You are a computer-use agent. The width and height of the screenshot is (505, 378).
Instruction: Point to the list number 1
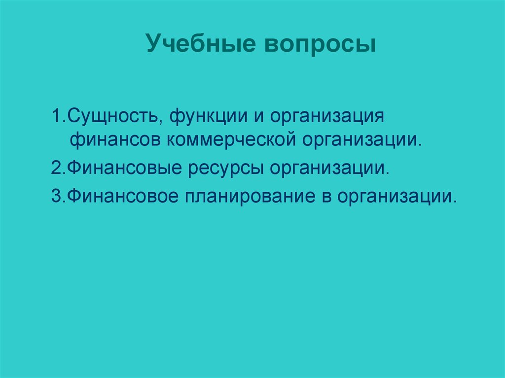(55, 118)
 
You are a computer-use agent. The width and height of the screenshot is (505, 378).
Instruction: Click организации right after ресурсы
(328, 170)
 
